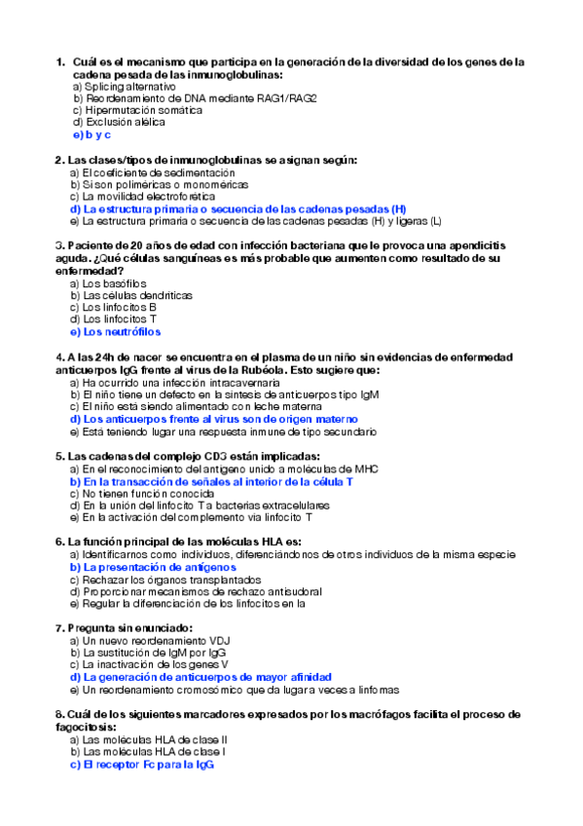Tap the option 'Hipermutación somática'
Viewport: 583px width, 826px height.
[x=125, y=111]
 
